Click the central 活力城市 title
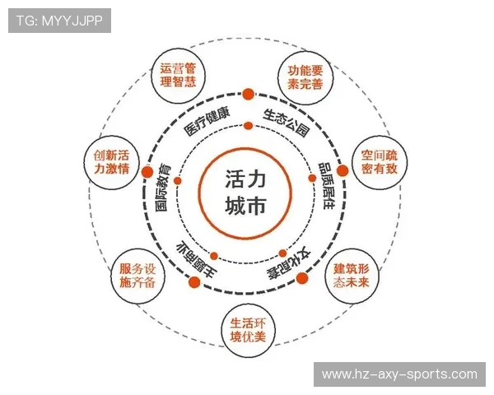[245, 193]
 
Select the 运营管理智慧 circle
[178, 76]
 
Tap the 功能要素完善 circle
[305, 77]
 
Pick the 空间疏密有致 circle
[380, 162]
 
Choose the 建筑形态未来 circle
[352, 276]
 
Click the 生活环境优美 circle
[248, 330]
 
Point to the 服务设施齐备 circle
[138, 276]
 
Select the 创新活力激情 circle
[112, 163]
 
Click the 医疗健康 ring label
[207, 122]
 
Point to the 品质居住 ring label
[326, 186]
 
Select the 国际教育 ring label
[163, 187]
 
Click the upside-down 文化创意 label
[289, 265]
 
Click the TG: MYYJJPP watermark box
[59, 21]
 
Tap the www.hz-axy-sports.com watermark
[399, 374]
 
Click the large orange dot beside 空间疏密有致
[343, 170]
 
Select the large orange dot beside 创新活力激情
[147, 172]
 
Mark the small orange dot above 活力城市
[249, 126]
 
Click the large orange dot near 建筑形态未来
[302, 278]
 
